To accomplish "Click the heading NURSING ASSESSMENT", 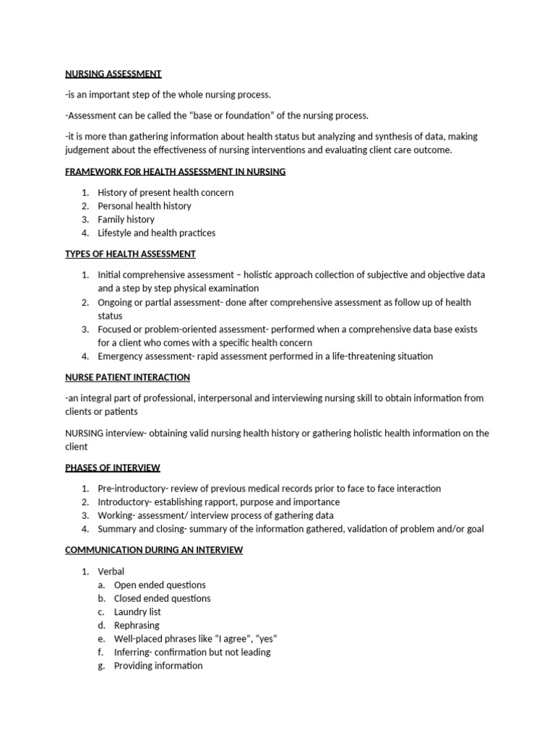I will [x=113, y=74].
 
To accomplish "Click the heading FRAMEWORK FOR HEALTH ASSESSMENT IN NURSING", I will [x=175, y=171].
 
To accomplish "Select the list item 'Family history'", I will [x=126, y=219].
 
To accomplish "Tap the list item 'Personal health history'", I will [x=145, y=206].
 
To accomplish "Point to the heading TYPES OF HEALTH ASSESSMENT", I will [x=130, y=254].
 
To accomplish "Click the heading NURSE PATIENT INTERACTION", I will [x=127, y=377].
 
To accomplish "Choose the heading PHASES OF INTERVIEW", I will [x=113, y=468].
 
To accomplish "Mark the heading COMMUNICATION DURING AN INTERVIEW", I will [x=154, y=550].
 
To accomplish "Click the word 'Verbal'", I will [x=111, y=572].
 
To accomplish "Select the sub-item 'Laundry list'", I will [x=137, y=611].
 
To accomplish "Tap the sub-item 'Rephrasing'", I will [x=137, y=625].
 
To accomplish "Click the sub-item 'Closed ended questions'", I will [x=162, y=598].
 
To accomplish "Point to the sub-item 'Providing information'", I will [x=158, y=666].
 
